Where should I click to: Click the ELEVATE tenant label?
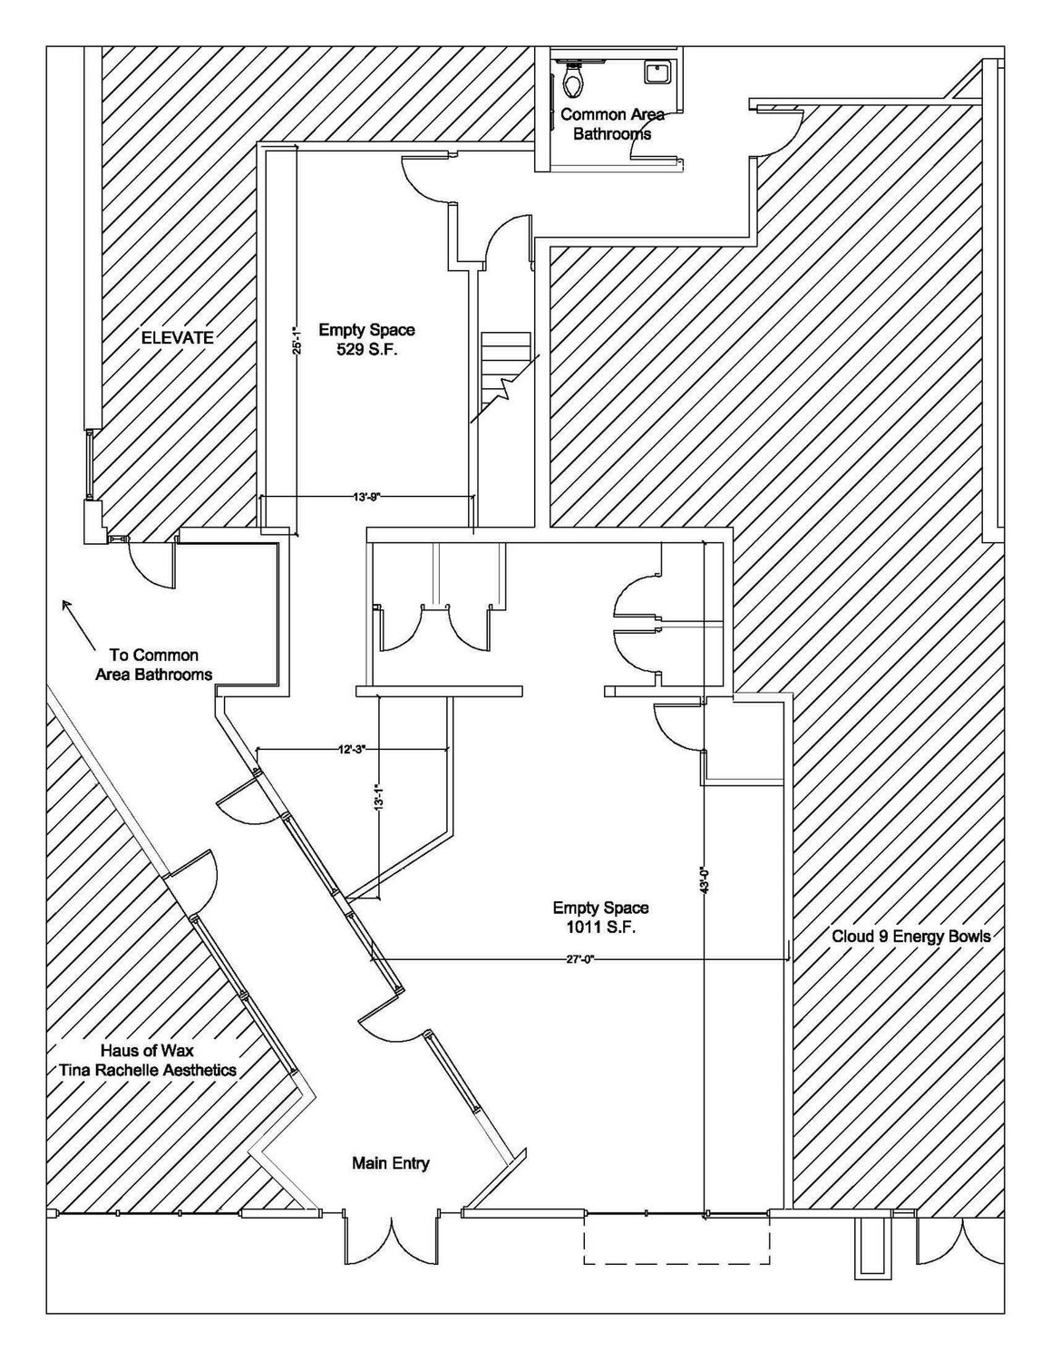point(177,338)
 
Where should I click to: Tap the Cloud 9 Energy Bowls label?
point(911,937)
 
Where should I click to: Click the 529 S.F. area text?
point(367,349)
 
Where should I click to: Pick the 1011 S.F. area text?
point(601,928)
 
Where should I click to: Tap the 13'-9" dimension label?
point(365,498)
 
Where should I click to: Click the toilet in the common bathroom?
point(572,80)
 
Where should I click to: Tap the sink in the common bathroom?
point(658,72)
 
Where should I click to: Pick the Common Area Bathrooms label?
point(612,124)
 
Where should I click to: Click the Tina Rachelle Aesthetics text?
point(148,1070)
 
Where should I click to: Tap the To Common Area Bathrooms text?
point(153,665)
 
